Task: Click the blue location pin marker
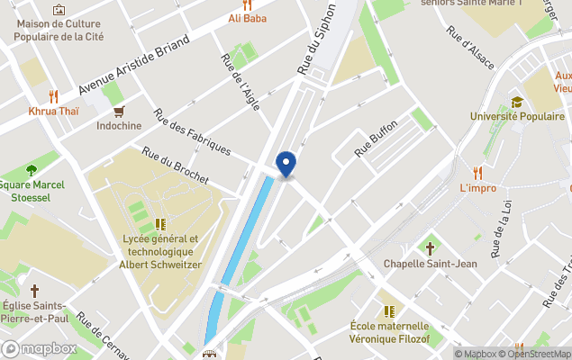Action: [286, 163]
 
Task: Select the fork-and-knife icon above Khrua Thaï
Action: [53, 95]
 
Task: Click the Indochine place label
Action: [119, 126]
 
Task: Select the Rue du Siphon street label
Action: [316, 38]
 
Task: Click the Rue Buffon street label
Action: [376, 139]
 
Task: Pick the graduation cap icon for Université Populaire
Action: [517, 102]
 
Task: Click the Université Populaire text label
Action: [517, 116]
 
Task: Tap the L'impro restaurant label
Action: [478, 188]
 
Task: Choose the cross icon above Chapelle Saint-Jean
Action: [429, 247]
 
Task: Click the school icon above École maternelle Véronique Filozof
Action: [388, 310]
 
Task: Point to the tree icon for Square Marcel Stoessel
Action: [32, 170]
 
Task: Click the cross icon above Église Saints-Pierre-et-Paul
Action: [35, 291]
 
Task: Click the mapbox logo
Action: [40, 349]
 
